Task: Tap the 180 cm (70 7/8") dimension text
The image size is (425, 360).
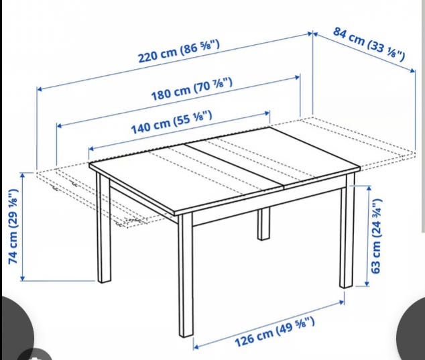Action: click(x=192, y=88)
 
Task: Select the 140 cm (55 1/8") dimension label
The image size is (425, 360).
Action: click(x=172, y=122)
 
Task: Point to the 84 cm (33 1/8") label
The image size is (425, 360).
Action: click(x=369, y=44)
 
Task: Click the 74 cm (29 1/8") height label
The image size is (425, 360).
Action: click(x=13, y=226)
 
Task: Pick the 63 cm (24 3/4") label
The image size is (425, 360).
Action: click(x=377, y=236)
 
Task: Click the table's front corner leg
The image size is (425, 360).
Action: click(x=186, y=275)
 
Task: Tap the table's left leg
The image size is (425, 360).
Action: click(x=103, y=228)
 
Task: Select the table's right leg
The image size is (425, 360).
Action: click(x=347, y=231)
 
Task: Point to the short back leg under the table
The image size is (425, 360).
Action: click(x=263, y=224)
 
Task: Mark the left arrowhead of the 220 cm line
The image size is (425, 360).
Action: click(x=40, y=89)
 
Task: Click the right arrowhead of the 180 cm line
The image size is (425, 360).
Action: click(x=298, y=77)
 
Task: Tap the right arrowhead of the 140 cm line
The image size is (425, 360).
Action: click(x=267, y=113)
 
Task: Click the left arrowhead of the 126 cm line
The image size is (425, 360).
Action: click(x=196, y=347)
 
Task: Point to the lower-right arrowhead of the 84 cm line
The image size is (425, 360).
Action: click(x=412, y=71)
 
